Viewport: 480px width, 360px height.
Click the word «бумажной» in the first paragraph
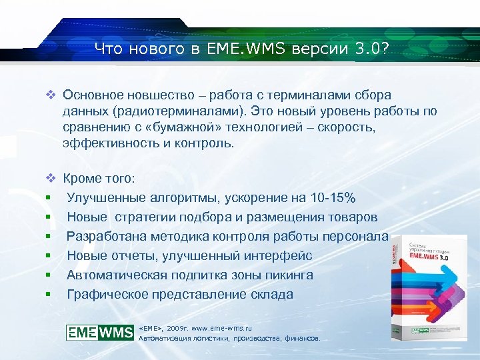point(188,127)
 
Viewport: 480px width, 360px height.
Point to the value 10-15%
point(332,198)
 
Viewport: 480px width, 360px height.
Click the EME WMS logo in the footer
point(100,332)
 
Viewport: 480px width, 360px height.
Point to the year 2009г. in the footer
point(181,328)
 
